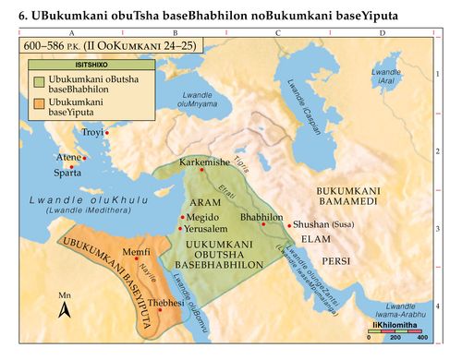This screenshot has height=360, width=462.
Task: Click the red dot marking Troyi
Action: coord(107,134)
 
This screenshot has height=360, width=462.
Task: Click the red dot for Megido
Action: coord(182,217)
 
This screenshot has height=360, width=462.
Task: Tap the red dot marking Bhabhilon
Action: coord(263,224)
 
